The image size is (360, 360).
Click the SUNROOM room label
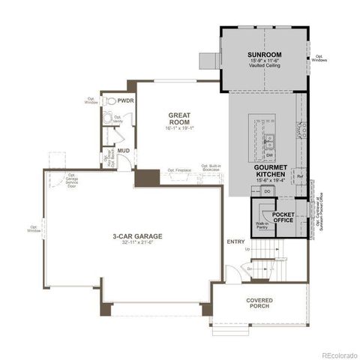tap(264, 55)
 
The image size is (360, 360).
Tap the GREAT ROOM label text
tap(179, 118)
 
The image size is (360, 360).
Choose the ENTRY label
tap(235, 241)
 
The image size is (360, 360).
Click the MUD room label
tap(123, 151)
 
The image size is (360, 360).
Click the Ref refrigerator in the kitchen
tap(299, 177)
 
